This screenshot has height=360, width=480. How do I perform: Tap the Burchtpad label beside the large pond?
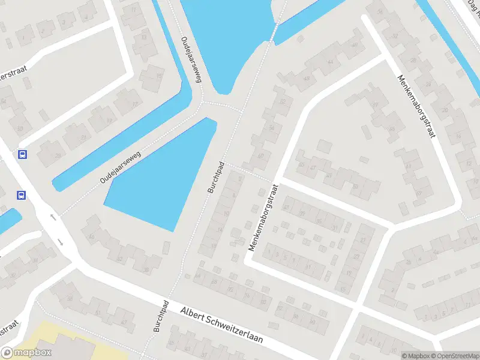(x=216, y=177)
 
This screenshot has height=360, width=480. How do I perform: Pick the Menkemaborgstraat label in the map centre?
(x=264, y=216)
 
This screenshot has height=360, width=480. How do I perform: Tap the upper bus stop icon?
(x=23, y=154)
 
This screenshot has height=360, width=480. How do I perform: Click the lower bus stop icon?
(x=21, y=195)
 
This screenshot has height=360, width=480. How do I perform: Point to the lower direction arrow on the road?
(x=61, y=243)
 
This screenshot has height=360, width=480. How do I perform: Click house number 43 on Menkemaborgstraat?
(x=307, y=79)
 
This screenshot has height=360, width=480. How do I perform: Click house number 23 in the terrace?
(x=356, y=257)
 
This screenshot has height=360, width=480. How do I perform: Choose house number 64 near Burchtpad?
(x=198, y=275)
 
